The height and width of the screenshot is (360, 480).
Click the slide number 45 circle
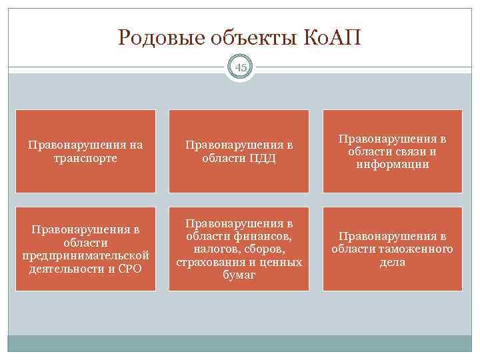[240, 67]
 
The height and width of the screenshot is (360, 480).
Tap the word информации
[393, 164]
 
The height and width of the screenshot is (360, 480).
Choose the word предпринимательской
[85, 257]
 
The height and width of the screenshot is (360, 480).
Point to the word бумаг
[239, 275]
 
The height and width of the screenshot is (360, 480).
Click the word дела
[393, 262]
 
